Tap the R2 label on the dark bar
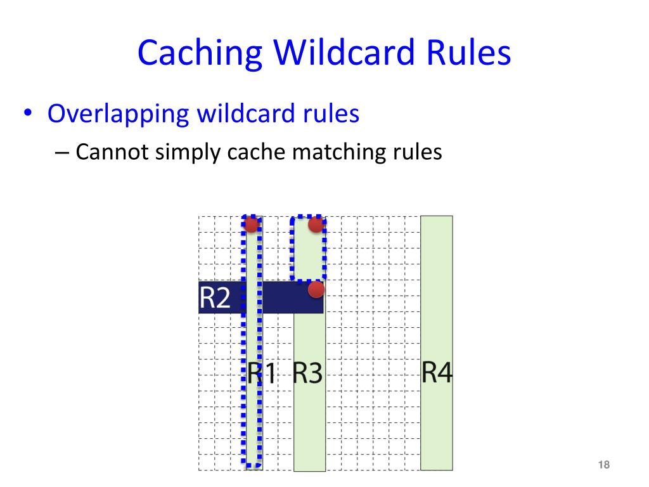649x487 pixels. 215,297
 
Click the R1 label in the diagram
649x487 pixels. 262,373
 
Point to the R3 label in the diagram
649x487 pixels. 307,373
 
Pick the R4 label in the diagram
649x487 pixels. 437,372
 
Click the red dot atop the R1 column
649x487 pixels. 252,224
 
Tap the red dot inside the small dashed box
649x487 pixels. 316,224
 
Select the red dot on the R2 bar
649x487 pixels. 316,290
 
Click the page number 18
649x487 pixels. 603,465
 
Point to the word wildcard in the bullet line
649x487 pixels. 243,115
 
